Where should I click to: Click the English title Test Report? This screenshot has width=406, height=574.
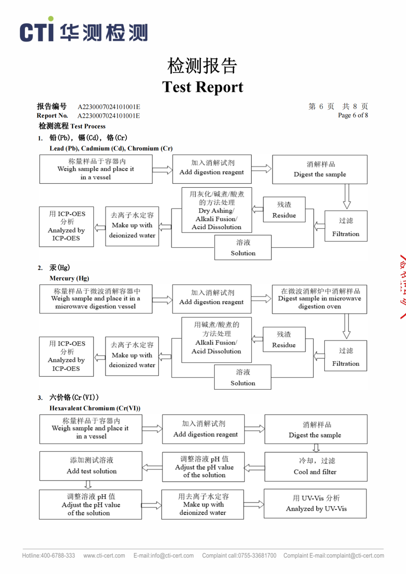pyautogui.click(x=202, y=87)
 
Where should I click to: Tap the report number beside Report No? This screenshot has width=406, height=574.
pyautogui.click(x=109, y=116)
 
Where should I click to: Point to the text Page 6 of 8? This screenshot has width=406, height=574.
pyautogui.click(x=353, y=115)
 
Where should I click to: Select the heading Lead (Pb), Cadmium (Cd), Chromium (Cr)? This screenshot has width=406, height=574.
pyautogui.click(x=111, y=148)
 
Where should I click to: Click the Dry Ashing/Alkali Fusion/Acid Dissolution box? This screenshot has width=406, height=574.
pyautogui.click(x=216, y=210)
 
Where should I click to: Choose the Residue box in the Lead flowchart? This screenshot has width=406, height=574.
pyautogui.click(x=284, y=210)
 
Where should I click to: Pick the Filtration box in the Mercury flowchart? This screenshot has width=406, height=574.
pyautogui.click(x=346, y=357)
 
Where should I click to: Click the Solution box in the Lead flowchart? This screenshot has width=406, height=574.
pyautogui.click(x=243, y=247)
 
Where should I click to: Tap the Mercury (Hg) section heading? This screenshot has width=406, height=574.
pyautogui.click(x=69, y=278)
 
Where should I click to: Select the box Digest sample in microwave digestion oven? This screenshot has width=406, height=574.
pyautogui.click(x=319, y=298)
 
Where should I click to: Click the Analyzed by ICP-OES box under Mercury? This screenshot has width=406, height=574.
pyautogui.click(x=66, y=356)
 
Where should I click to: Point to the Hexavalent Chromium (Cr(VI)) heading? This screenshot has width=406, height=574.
pyautogui.click(x=95, y=408)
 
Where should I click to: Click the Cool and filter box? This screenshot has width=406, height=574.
pyautogui.click(x=315, y=466)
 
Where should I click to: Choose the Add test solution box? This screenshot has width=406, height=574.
pyautogui.click(x=91, y=465)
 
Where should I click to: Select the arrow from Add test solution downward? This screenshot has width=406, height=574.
pyautogui.click(x=88, y=485)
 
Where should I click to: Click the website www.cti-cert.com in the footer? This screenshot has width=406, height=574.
pyautogui.click(x=104, y=555)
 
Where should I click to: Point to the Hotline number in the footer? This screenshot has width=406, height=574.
pyautogui.click(x=49, y=555)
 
